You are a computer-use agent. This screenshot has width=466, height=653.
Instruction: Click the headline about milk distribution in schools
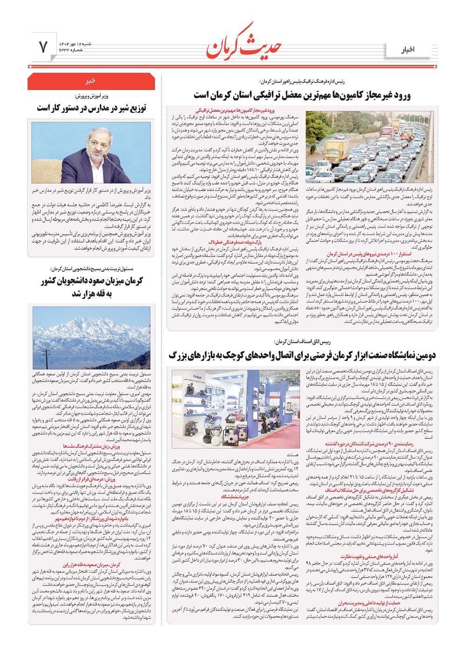(91, 108)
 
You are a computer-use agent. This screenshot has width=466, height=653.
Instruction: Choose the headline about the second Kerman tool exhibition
(302, 356)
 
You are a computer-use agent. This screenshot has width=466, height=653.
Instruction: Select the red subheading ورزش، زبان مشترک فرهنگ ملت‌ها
(91, 446)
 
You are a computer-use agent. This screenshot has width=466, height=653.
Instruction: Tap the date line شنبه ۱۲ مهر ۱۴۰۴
(75, 43)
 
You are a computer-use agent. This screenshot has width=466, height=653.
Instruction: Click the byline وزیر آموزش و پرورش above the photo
(91, 96)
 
